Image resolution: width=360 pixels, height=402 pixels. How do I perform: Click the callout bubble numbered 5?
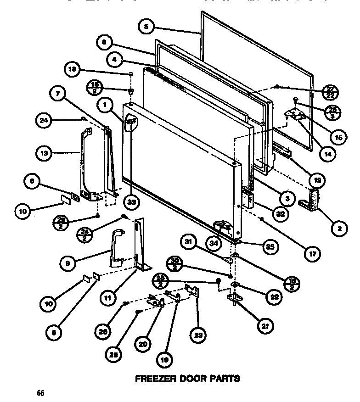[x=146, y=27]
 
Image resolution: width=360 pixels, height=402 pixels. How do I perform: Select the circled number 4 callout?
[x=115, y=59]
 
